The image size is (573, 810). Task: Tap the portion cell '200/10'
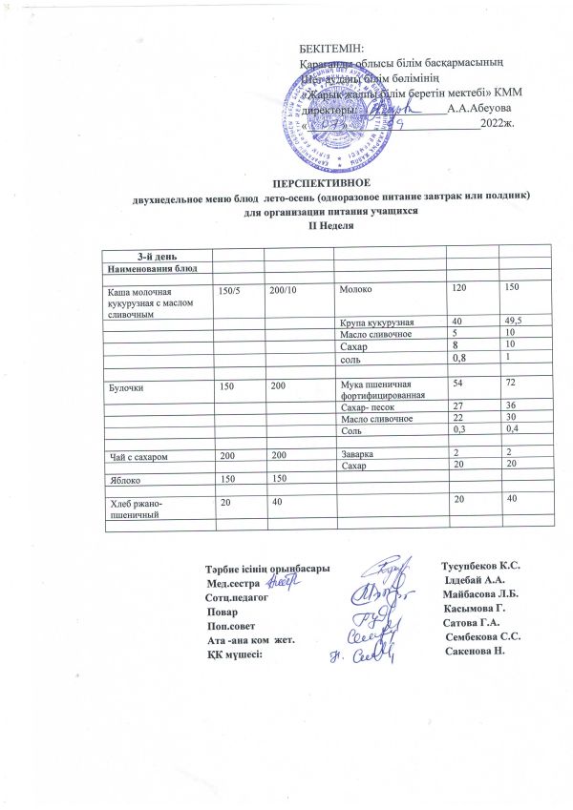pyautogui.click(x=284, y=287)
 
